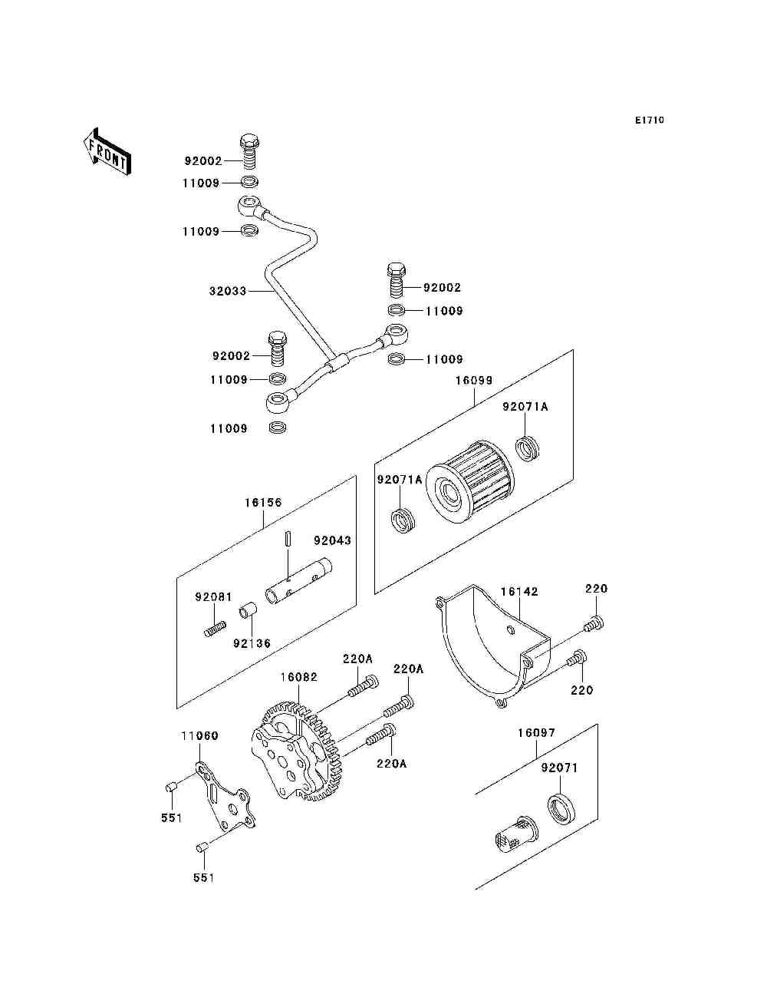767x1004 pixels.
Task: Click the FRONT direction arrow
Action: click(x=107, y=152)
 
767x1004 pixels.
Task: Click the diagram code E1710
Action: click(x=649, y=121)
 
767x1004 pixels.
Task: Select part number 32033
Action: click(x=228, y=291)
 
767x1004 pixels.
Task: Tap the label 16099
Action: click(x=474, y=381)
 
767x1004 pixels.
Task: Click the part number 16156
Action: click(x=263, y=502)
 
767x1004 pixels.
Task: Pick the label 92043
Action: click(x=332, y=540)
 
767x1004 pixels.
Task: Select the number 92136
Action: click(x=252, y=643)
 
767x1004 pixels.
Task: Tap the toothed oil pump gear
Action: click(x=297, y=753)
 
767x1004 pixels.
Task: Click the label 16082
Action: click(x=299, y=676)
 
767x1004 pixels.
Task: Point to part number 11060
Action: click(x=199, y=735)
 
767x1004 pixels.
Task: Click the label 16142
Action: click(x=519, y=591)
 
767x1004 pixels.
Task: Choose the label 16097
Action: click(x=536, y=733)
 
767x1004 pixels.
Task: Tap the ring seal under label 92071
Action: click(x=561, y=809)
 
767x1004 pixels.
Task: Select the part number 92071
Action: click(x=559, y=768)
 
